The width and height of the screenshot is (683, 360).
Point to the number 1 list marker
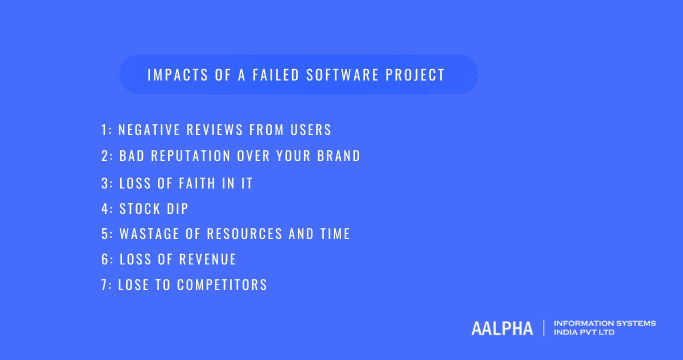pyautogui.click(x=104, y=131)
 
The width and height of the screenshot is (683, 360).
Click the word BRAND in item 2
pyautogui.click(x=335, y=156)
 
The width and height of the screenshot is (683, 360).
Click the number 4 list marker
pyautogui.click(x=105, y=208)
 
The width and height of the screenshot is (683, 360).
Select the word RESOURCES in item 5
pyautogui.click(x=251, y=234)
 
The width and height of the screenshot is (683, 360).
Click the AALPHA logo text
pyautogui.click(x=502, y=327)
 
